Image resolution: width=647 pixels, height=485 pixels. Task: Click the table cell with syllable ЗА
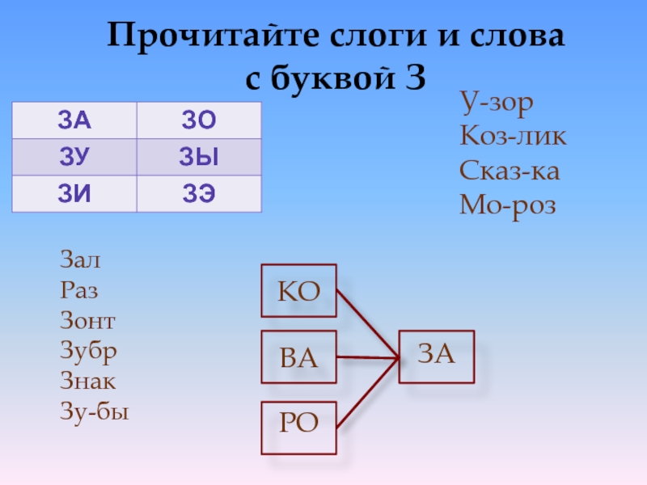click(x=74, y=121)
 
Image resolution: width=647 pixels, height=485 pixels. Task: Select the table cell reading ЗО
click(x=199, y=121)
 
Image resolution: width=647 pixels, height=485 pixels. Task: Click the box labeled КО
click(x=298, y=291)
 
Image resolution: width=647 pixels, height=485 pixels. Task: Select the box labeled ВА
click(x=298, y=356)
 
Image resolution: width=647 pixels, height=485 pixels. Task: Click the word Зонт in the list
click(x=87, y=322)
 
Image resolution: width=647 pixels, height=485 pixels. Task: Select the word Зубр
click(x=87, y=352)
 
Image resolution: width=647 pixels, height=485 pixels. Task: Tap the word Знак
click(x=87, y=382)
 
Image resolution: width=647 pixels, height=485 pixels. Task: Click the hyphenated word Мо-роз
click(x=508, y=206)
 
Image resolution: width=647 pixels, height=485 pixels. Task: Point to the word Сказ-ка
click(x=510, y=171)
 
